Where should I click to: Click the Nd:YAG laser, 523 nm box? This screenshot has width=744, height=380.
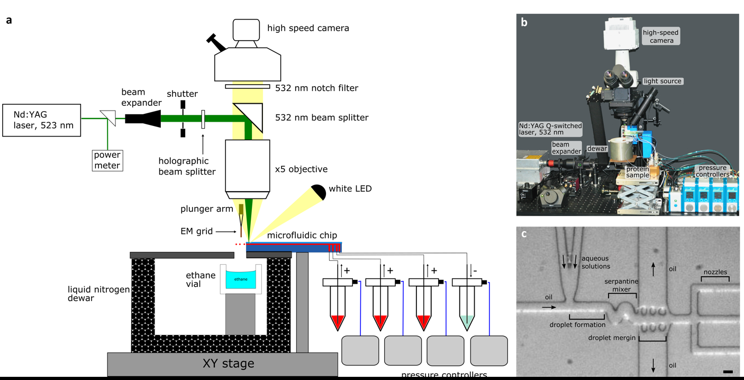(42, 120)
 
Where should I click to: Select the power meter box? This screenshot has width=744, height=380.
(107, 160)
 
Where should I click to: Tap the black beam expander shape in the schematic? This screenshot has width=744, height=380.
(143, 119)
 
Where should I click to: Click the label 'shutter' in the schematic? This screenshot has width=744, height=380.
(182, 94)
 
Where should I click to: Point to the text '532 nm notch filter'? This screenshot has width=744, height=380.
(316, 88)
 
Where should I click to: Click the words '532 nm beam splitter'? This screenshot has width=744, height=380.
(322, 117)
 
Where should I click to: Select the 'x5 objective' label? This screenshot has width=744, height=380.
(301, 169)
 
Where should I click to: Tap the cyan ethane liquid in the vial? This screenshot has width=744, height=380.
(241, 279)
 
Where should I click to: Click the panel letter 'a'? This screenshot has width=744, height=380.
(9, 21)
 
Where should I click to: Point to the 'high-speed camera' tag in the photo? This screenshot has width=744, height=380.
(661, 36)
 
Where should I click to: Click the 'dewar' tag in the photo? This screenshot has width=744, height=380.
(597, 149)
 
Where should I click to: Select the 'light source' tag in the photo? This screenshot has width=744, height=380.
(663, 82)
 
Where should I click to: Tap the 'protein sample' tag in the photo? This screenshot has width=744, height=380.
(638, 171)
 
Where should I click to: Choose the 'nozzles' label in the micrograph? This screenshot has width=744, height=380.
(715, 272)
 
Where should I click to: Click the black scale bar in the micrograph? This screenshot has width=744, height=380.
(728, 372)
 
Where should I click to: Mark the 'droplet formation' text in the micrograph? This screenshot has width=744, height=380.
(577, 324)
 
